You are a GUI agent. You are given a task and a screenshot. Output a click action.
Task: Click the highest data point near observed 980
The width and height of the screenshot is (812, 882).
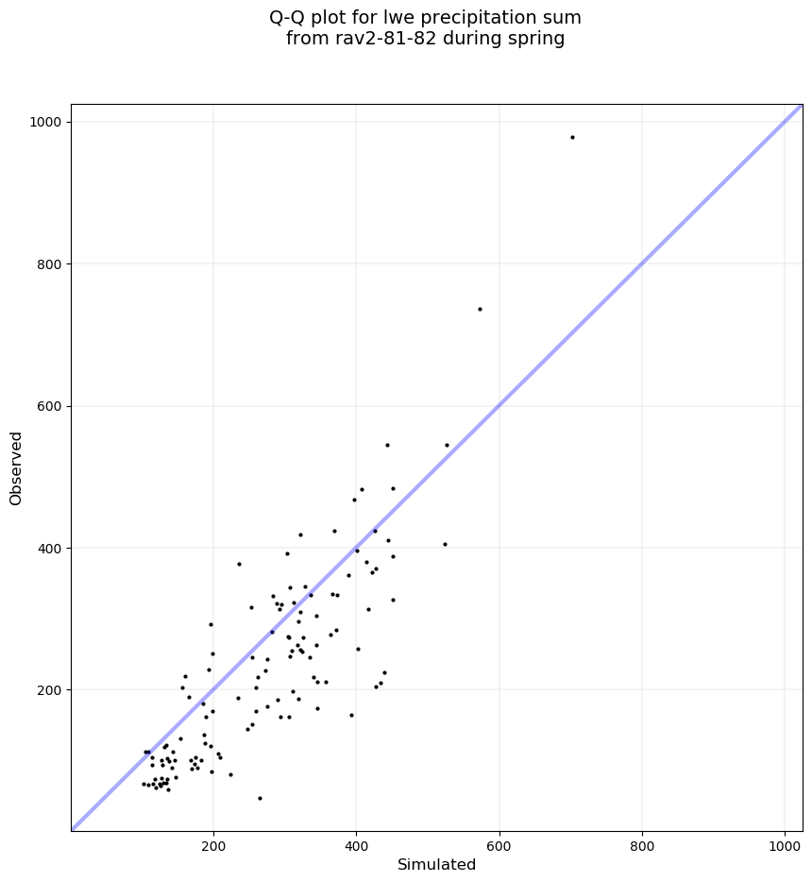572,137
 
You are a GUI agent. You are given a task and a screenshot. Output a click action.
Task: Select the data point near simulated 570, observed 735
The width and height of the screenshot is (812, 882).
480,309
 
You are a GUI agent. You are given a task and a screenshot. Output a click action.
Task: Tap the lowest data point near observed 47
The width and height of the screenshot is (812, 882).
260,798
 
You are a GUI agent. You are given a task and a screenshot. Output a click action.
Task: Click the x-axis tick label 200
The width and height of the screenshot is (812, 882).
213,844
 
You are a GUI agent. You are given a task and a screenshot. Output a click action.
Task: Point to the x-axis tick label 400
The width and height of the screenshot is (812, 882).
356,844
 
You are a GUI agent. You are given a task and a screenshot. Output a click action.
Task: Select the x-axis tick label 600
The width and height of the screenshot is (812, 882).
499,844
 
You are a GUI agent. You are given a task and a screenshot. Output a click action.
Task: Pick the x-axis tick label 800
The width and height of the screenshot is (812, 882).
642,844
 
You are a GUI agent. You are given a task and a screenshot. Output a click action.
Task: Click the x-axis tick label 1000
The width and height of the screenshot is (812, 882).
786,844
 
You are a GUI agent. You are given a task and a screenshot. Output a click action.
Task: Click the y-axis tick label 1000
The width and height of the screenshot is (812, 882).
46,122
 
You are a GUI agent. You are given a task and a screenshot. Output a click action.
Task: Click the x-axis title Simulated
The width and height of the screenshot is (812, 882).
436,864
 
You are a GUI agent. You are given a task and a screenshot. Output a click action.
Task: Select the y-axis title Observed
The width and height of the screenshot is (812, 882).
16,467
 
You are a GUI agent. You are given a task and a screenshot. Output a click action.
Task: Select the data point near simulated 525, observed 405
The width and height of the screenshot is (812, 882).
445,544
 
